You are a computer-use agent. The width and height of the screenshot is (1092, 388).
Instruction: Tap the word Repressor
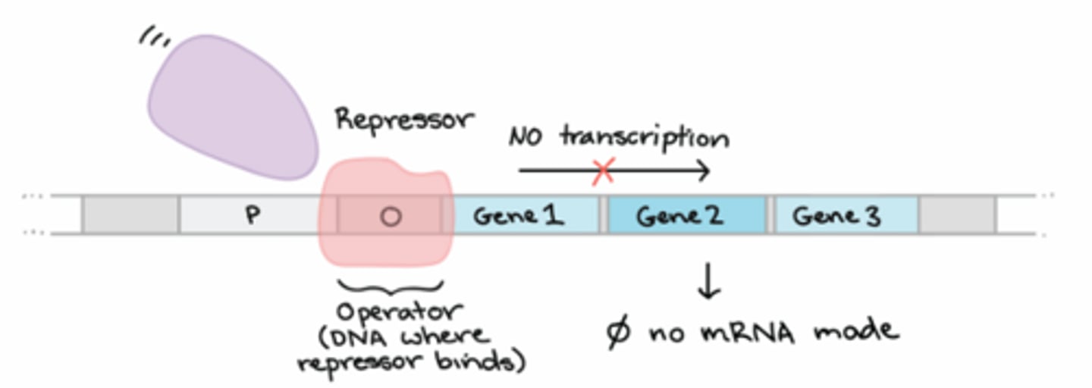404,120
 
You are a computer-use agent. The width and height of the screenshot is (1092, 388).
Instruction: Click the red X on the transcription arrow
603,171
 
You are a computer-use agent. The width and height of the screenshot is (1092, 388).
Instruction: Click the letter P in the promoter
253,216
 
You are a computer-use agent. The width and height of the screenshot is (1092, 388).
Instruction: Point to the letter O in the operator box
391,217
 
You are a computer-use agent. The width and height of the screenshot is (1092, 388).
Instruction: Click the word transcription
645,138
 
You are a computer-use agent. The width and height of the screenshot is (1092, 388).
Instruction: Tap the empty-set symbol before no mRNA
619,332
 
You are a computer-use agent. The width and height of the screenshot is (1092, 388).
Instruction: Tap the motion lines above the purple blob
155,38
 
